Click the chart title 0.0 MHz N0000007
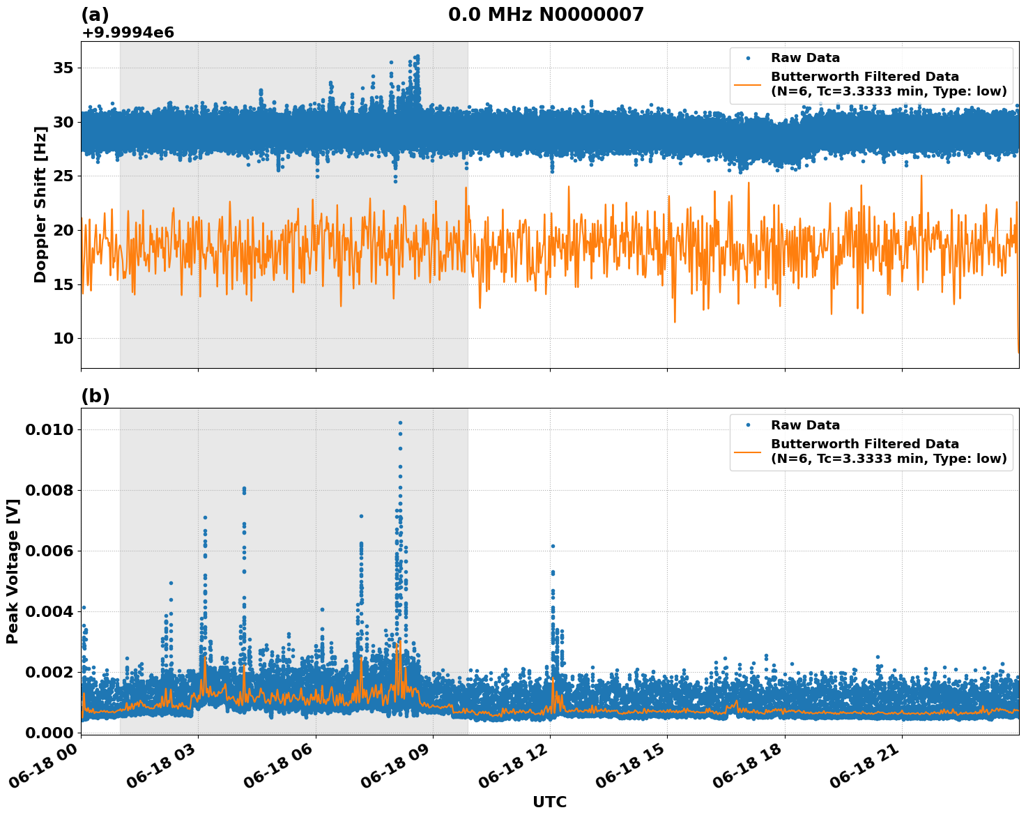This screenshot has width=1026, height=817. coord(546,15)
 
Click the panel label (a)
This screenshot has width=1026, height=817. coord(95,15)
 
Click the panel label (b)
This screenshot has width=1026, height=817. coord(95,396)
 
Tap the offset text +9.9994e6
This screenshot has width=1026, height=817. coord(128,32)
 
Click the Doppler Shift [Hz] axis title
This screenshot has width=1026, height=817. coord(40,204)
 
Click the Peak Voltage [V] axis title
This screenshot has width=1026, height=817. coord(13,571)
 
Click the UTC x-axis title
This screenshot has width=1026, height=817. coord(549,802)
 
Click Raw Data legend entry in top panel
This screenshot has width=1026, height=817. coord(805,58)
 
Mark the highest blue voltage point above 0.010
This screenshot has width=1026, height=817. coord(400,422)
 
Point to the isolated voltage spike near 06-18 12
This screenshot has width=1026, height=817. coord(553,547)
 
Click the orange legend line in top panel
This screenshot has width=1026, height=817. coord(748,84)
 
